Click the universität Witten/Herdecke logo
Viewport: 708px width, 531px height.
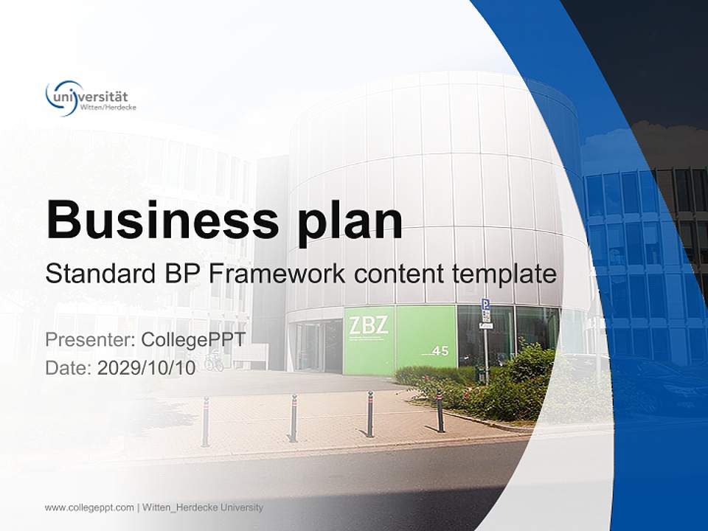point(91,98)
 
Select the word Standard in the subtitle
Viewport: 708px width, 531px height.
point(97,274)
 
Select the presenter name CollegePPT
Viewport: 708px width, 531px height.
point(192,340)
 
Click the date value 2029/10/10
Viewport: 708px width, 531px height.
point(147,368)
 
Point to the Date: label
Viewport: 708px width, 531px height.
point(69,368)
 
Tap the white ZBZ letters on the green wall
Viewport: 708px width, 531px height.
point(369,326)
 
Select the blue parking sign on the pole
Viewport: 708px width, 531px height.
point(485,305)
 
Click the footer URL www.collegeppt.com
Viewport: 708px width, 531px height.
point(89,507)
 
